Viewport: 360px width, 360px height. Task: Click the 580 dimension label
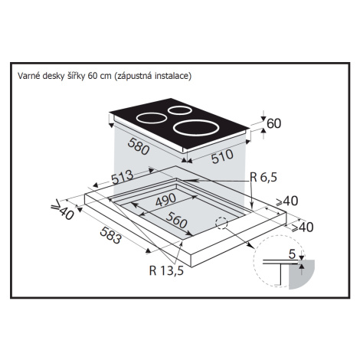(139, 146)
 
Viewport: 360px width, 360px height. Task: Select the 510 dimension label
(222, 156)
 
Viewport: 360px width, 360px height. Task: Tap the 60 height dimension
(274, 123)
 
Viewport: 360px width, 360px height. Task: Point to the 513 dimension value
(123, 177)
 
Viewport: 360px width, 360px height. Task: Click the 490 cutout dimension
(165, 200)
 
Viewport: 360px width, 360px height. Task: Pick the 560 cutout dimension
(176, 220)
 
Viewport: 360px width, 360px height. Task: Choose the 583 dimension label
(110, 235)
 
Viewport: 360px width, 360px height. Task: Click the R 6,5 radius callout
(263, 177)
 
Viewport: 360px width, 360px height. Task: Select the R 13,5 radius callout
(166, 270)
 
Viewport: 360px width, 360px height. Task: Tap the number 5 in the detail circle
(292, 254)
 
